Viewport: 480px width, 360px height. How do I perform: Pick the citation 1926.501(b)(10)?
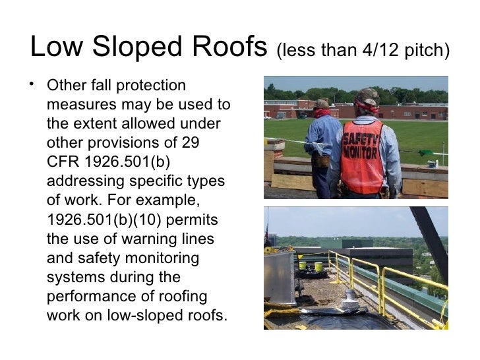105,218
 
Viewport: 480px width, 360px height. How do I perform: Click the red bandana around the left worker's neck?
321,113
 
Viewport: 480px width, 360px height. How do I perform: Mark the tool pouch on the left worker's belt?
322,161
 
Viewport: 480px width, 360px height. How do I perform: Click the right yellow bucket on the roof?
318,266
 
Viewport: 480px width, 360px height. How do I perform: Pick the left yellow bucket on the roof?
302,266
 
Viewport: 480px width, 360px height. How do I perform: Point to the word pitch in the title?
428,50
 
